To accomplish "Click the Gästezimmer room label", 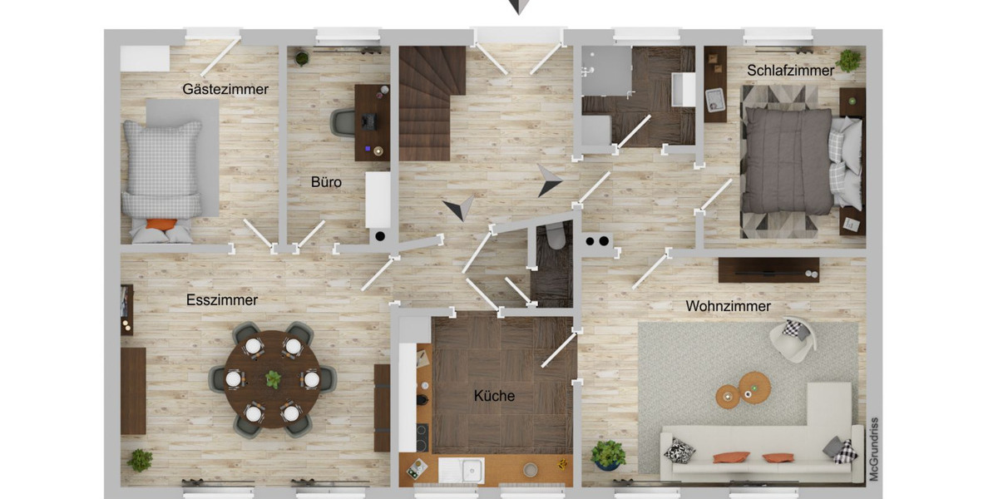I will pos(225,89).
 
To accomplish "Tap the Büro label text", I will pos(326,182).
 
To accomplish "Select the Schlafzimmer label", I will pos(790,71).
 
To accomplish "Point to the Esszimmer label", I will pos(222,300).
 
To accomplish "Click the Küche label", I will pos(494,396).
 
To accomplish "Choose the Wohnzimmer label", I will pos(728,306).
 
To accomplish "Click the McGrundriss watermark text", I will pos(873,449).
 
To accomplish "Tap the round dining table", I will pos(272,379).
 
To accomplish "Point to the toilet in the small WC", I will pos(555,237).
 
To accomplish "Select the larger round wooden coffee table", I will pos(754,386).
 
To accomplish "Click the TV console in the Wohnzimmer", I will pos(768,269).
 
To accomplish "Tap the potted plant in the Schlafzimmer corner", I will pos(849,60).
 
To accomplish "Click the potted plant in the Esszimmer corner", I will pos(140,460).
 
